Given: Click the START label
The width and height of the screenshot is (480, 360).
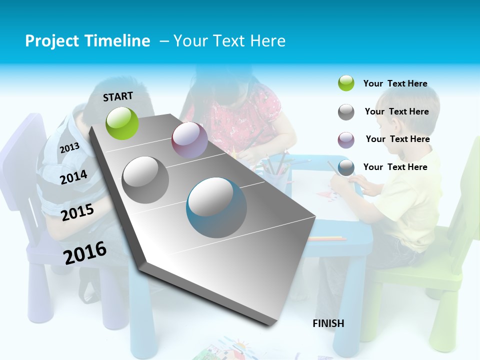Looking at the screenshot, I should [118, 96].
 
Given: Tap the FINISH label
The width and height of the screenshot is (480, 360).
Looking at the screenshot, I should [328, 323].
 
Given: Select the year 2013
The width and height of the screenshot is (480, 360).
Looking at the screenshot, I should [69, 147].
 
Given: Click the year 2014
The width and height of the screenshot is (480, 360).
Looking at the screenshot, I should [74, 177].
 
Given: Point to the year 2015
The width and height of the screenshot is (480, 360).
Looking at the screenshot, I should [77, 212].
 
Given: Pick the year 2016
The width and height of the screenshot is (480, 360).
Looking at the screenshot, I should [85, 252].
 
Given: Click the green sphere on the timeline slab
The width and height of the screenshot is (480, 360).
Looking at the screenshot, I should [122, 123].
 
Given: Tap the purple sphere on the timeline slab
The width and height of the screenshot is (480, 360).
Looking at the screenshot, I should [189, 140].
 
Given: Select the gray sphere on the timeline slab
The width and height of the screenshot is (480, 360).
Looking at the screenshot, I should [145, 179].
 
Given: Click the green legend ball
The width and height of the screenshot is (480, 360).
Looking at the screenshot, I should [346, 83].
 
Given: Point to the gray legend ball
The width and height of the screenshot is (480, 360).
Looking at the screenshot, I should [346, 112].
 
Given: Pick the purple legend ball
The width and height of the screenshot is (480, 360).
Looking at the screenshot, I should [346, 140].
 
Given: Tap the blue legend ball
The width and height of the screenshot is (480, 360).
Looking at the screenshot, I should [346, 167].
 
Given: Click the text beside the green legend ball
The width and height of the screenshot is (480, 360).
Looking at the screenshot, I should [395, 83].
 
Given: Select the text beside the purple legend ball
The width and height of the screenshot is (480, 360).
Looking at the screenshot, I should [397, 139].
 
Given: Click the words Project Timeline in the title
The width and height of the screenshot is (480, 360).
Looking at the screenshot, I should [87, 41].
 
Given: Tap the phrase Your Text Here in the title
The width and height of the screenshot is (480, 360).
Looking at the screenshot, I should [229, 41].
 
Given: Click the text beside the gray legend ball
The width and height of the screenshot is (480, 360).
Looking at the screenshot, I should [396, 111].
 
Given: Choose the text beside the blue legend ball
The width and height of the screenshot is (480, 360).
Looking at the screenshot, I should [395, 167].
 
